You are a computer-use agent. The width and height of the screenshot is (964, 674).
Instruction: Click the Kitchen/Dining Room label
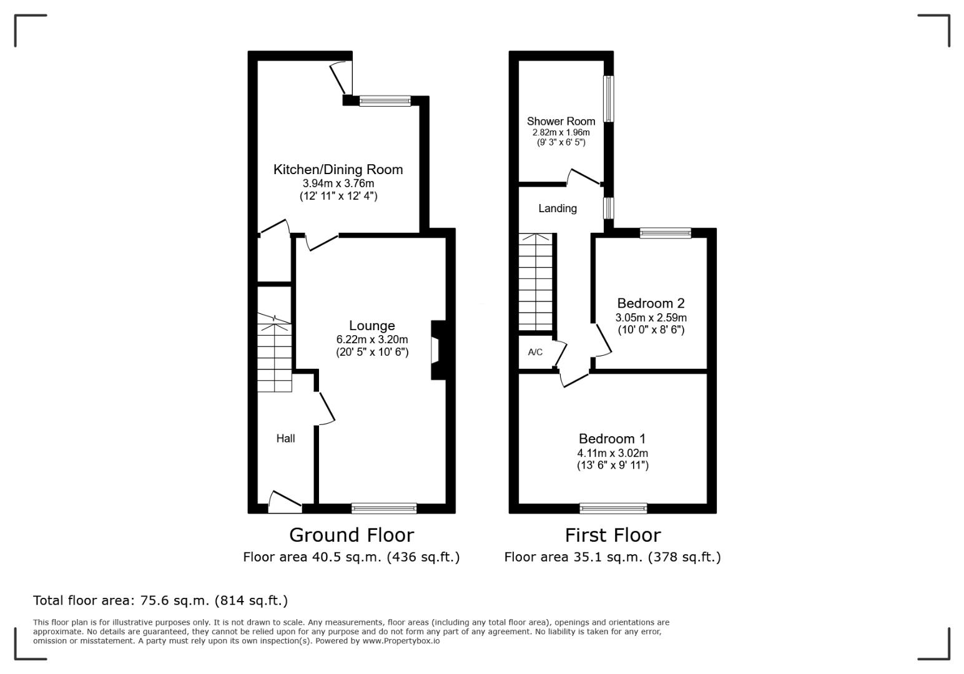pyautogui.click(x=338, y=170)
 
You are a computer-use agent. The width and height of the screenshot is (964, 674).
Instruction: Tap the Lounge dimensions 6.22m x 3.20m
pyautogui.click(x=372, y=339)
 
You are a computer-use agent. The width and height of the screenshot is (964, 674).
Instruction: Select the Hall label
pyautogui.click(x=285, y=438)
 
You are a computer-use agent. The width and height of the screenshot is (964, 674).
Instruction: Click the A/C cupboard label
pyautogui.click(x=535, y=352)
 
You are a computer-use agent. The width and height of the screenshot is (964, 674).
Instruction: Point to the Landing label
pyautogui.click(x=558, y=208)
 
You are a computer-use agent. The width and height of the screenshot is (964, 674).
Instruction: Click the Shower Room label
pyautogui.click(x=561, y=121)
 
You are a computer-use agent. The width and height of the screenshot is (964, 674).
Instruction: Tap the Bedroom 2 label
pyautogui.click(x=651, y=303)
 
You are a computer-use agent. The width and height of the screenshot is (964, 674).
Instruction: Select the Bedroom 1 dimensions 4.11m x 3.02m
pyautogui.click(x=612, y=453)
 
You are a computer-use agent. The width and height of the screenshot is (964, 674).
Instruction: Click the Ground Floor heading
pyautogui.click(x=351, y=535)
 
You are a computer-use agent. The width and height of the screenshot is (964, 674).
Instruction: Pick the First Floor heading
pyautogui.click(x=612, y=535)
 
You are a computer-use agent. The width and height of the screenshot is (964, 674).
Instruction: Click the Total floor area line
pyautogui.click(x=160, y=600)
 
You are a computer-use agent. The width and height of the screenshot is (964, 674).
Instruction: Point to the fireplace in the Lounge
pyautogui.click(x=438, y=350)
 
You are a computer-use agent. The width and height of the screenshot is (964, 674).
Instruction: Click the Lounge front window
pyautogui.click(x=384, y=509)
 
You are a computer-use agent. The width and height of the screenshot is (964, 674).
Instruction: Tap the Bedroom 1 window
pyautogui.click(x=613, y=509)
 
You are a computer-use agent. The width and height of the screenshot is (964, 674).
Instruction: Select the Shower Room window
pyautogui.click(x=609, y=99)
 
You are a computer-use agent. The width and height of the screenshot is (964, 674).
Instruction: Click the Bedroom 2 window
pyautogui.click(x=666, y=233)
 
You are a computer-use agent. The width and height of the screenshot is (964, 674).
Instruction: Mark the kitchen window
pyautogui.click(x=385, y=100)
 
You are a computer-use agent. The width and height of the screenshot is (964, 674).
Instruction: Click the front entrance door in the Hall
pyautogui.click(x=285, y=502)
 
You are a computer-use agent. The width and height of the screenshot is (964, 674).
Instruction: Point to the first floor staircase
pyautogui.click(x=535, y=282)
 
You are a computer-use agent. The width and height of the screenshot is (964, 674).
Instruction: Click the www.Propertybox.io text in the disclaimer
pyautogui.click(x=401, y=641)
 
